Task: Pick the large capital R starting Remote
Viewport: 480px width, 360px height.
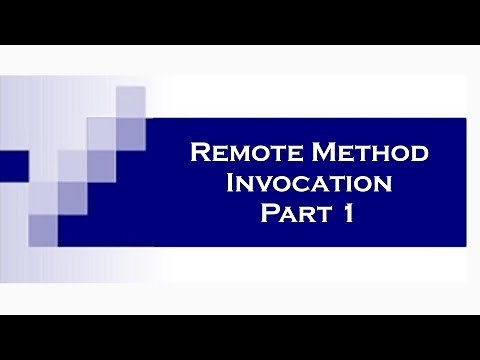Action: pyautogui.click(x=198, y=155)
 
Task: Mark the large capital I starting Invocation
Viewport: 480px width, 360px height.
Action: pyautogui.click(x=234, y=184)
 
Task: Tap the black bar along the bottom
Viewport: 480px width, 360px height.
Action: pyautogui.click(x=240, y=337)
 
